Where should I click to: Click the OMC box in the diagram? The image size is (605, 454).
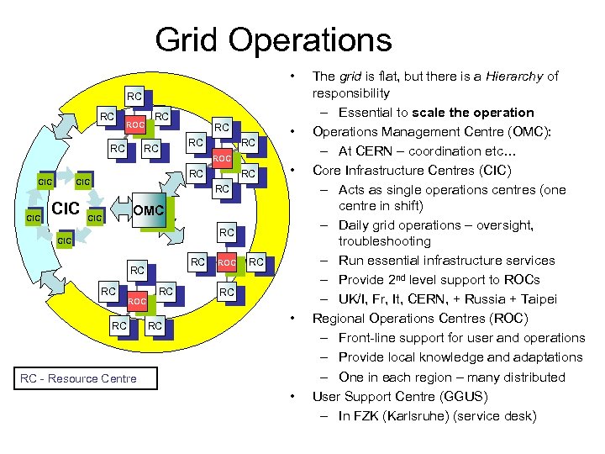[148, 209]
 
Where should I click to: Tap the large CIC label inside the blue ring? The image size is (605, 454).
[66, 207]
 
